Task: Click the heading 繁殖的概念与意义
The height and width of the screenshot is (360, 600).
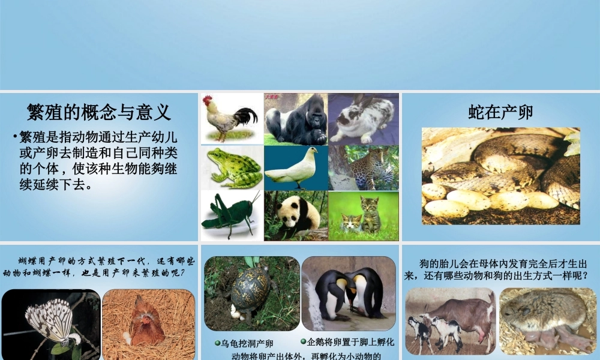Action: tap(99, 112)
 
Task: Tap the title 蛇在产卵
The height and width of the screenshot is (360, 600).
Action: tap(500, 112)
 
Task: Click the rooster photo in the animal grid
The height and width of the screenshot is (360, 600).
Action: tap(231, 119)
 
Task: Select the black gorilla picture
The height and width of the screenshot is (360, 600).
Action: tap(296, 119)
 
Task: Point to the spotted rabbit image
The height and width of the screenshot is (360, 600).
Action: tap(363, 119)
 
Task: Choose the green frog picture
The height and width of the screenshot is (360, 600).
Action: tap(232, 168)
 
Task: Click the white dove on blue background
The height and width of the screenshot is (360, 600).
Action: tap(296, 168)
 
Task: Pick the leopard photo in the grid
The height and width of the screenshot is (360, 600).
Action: tap(364, 168)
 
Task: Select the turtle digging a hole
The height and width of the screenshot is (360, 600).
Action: tap(251, 294)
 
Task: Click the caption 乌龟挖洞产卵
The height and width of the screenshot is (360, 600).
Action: tap(247, 344)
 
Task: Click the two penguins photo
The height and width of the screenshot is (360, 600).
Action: tap(349, 294)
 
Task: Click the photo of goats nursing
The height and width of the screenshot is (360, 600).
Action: tap(450, 321)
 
